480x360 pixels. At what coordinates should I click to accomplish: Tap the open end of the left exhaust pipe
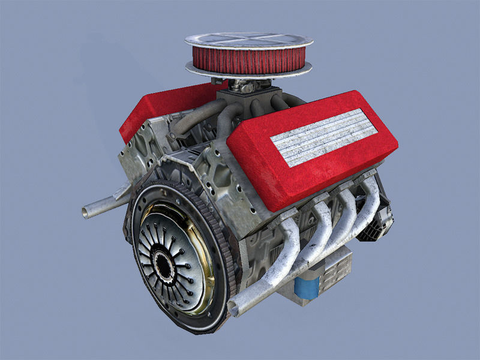[x=88, y=211]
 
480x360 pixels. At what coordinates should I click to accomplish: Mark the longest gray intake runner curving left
[x=192, y=117]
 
